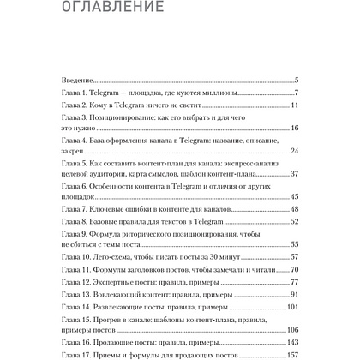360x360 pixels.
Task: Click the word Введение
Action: coord(79,79)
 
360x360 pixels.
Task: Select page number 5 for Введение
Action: coord(295,79)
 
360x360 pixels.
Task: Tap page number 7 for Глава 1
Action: coord(295,93)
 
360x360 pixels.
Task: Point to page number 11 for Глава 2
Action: coord(293,105)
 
